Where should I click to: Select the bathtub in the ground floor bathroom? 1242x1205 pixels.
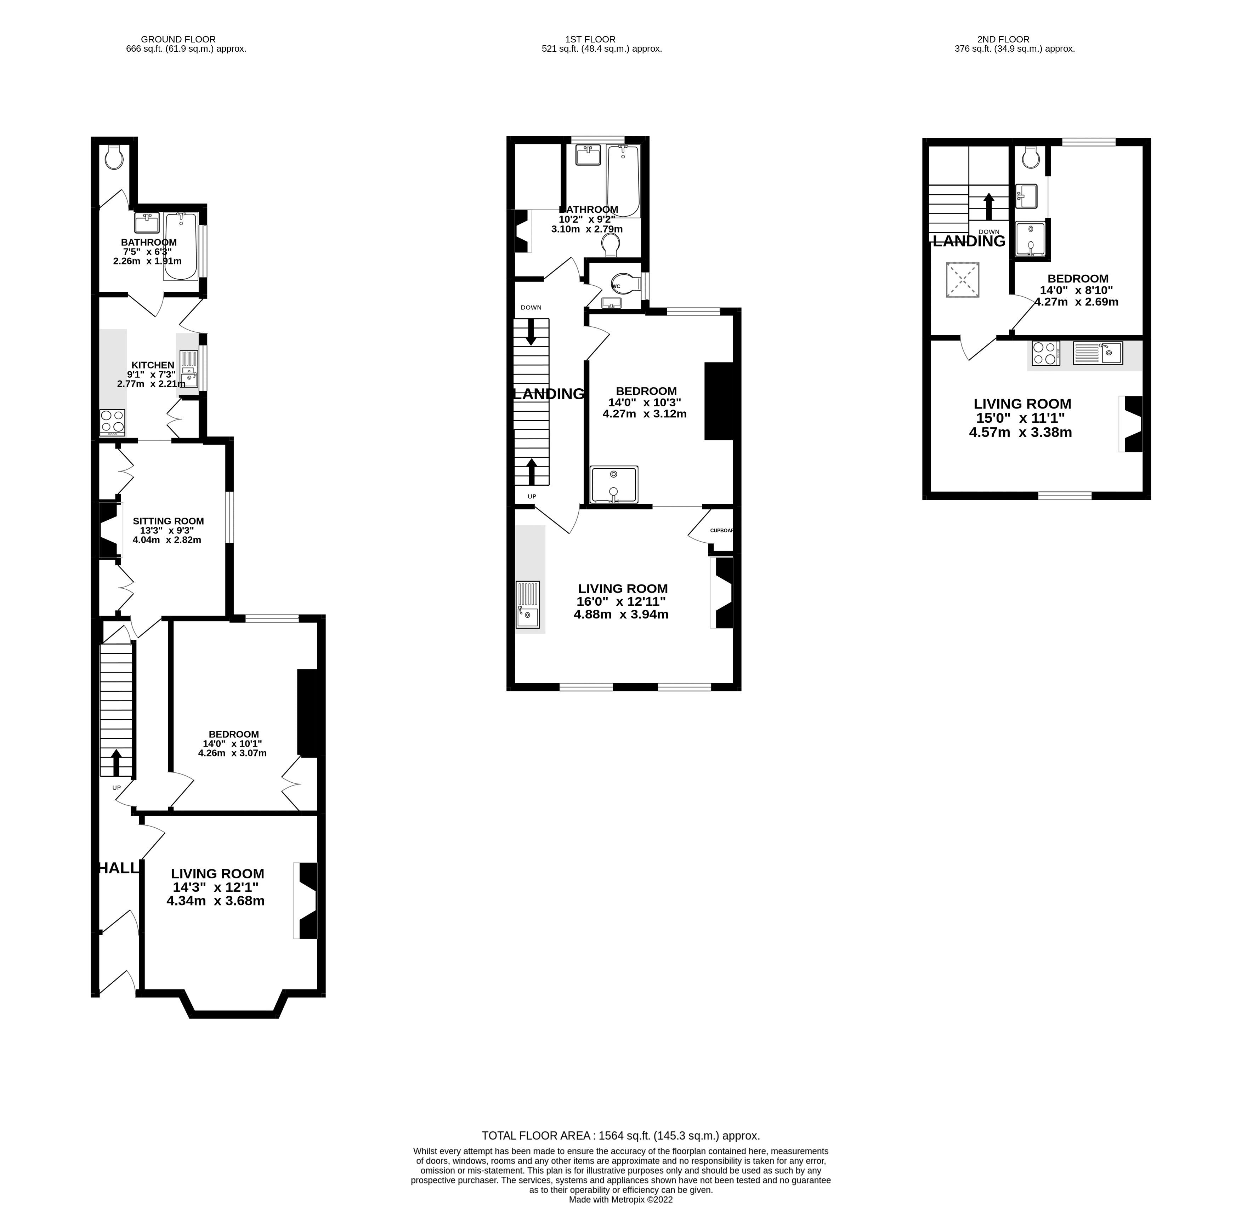coord(181,246)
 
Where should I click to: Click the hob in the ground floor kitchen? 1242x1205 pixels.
coord(112,422)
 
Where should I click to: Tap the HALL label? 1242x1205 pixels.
coord(118,868)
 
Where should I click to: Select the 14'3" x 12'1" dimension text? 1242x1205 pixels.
coord(215,887)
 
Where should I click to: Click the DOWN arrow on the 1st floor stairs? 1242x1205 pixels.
coord(531,333)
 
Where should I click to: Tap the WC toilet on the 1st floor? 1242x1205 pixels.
coord(621,283)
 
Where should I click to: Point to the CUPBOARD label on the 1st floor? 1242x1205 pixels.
coord(721,530)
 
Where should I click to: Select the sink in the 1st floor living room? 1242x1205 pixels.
coord(528,604)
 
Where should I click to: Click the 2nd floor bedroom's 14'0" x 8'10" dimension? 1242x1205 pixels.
coord(1077,290)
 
